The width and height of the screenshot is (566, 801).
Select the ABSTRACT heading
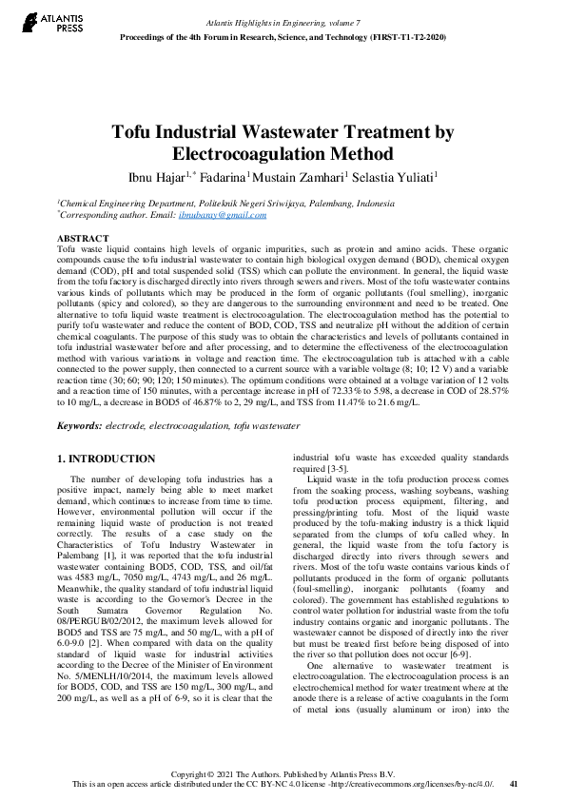83,238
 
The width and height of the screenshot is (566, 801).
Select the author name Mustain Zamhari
302,176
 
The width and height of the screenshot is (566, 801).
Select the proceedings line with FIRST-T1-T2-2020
283,36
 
